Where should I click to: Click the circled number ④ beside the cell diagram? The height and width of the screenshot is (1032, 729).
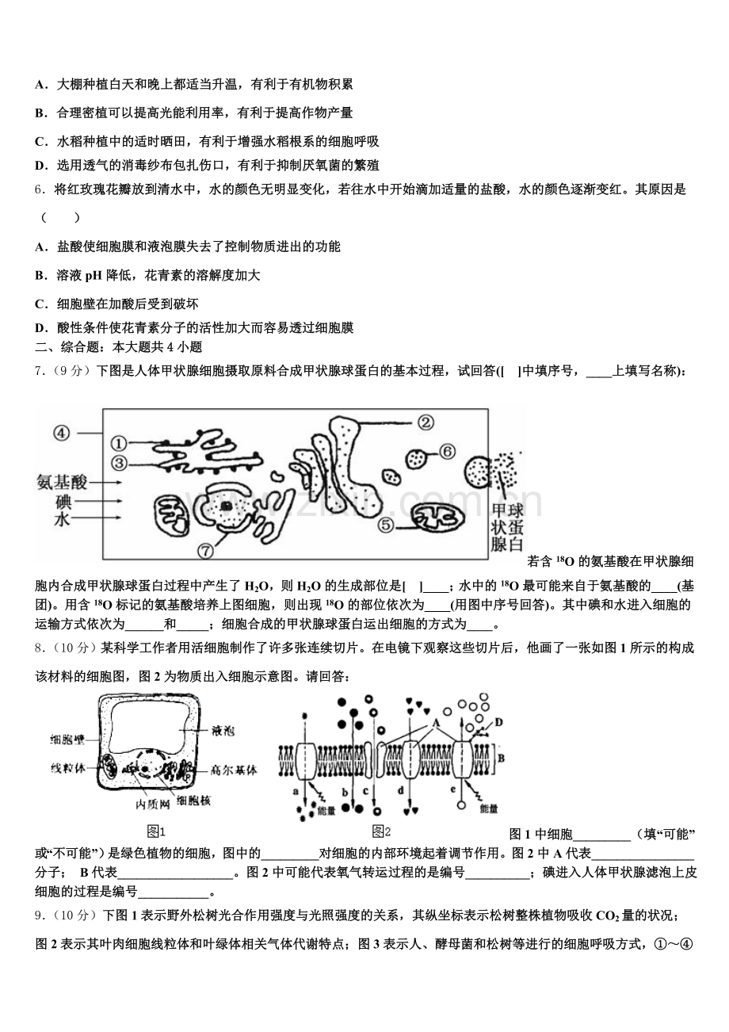[62, 433]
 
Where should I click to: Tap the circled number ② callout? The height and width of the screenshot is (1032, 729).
[426, 422]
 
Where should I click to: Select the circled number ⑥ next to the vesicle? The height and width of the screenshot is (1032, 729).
[447, 451]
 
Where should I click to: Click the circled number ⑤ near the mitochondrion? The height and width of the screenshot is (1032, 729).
[386, 524]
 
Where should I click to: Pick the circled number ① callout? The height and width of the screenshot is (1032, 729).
[119, 444]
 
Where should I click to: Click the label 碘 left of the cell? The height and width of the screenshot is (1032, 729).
[63, 501]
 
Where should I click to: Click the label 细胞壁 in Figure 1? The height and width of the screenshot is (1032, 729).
[67, 739]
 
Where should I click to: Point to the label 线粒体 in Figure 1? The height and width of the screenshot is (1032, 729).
[67, 768]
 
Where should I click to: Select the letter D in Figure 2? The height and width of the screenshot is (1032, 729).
[498, 720]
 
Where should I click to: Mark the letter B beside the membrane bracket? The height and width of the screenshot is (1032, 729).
[502, 756]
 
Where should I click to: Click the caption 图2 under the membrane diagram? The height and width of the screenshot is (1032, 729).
[381, 831]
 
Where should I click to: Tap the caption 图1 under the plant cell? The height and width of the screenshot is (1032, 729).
[156, 831]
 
